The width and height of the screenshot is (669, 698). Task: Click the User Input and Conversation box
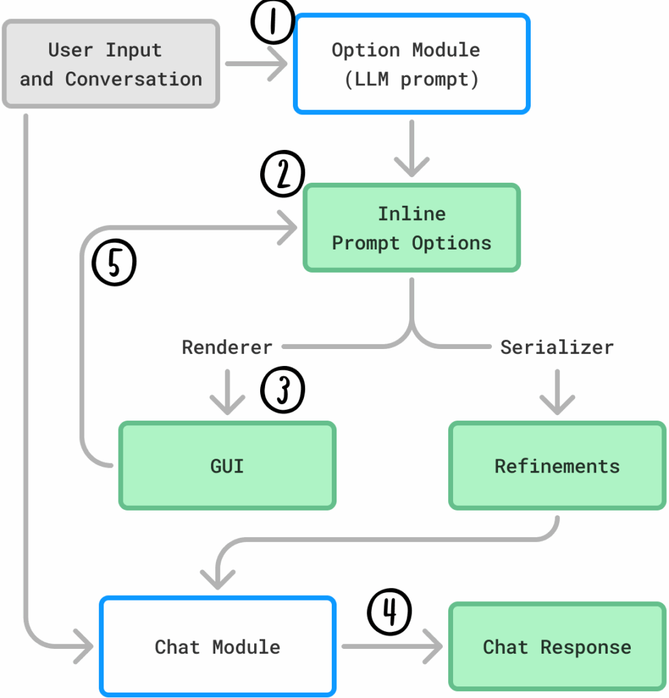pyautogui.click(x=111, y=64)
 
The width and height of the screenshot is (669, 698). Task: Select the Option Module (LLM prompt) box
pyautogui.click(x=411, y=64)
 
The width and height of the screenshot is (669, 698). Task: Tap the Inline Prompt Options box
pyautogui.click(x=411, y=228)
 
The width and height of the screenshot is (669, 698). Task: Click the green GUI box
pyautogui.click(x=228, y=466)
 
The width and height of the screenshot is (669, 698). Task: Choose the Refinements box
pyautogui.click(x=557, y=466)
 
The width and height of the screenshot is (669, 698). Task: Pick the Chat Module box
pyautogui.click(x=217, y=646)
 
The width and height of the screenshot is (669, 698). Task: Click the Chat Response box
pyautogui.click(x=557, y=646)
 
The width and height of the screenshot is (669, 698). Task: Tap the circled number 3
pyautogui.click(x=283, y=391)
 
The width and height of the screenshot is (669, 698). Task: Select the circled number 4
pyautogui.click(x=390, y=611)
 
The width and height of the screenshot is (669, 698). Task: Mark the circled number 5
pyautogui.click(x=114, y=264)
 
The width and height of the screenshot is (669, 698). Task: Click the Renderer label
pyautogui.click(x=227, y=347)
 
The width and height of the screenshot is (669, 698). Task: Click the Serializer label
pyautogui.click(x=557, y=347)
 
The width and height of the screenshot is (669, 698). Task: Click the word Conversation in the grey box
pyautogui.click(x=134, y=79)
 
